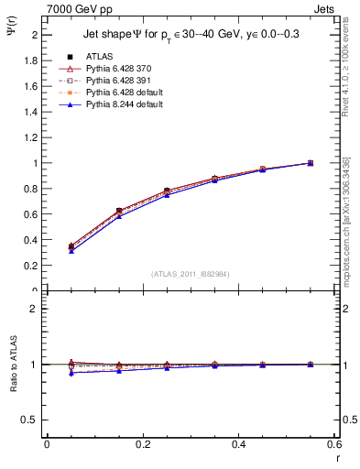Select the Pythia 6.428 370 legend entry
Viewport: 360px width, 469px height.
[116, 69]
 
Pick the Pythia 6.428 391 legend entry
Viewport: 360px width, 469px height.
[116, 81]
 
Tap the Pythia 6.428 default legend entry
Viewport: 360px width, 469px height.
[121, 93]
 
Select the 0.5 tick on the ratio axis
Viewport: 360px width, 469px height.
[32, 420]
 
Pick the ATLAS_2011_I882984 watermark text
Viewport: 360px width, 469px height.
[191, 274]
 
